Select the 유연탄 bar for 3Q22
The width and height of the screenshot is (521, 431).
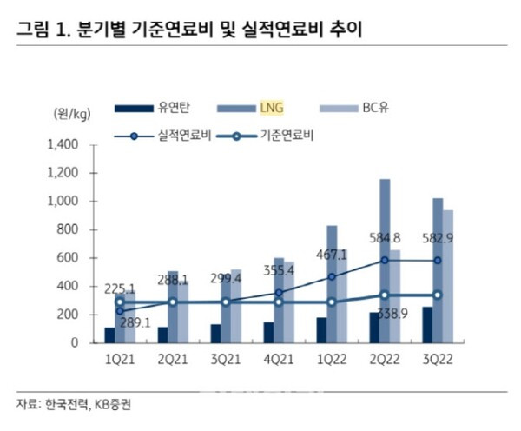coord(426,325)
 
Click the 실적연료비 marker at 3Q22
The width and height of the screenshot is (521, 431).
coord(438,260)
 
